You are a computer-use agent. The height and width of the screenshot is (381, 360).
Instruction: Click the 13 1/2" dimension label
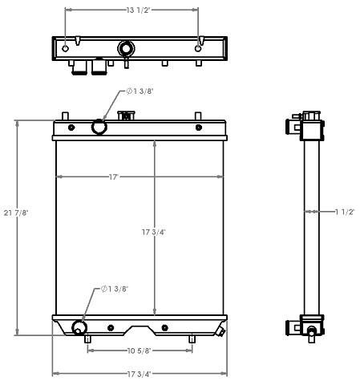click(131, 10)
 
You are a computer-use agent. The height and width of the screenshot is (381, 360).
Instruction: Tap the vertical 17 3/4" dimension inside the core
click(156, 232)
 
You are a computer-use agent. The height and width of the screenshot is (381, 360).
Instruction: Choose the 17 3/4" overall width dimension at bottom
click(140, 373)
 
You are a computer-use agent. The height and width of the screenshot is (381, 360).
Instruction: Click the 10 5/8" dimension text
click(140, 350)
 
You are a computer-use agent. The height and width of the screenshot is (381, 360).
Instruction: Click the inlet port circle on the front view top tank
click(99, 127)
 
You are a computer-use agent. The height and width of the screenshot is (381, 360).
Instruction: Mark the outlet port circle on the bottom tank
click(79, 327)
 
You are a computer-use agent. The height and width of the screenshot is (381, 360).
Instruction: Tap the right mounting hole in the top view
click(198, 48)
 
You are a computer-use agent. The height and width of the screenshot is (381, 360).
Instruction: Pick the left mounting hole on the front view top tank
click(71, 128)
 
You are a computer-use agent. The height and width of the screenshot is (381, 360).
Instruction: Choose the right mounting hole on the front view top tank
click(198, 127)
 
